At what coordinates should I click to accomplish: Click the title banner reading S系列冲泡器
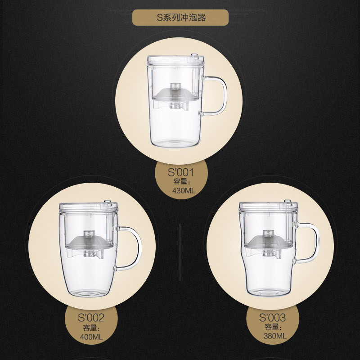click(x=180, y=18)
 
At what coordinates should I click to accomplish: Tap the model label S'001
click(x=181, y=172)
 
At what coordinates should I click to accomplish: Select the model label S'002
click(x=91, y=318)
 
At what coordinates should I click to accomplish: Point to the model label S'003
click(x=273, y=318)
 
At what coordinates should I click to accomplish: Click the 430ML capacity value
click(x=184, y=190)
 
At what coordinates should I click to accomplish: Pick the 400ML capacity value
click(x=91, y=337)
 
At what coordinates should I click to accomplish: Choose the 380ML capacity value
click(x=275, y=336)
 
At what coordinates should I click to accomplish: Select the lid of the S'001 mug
click(x=175, y=60)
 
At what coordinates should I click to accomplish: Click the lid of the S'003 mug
click(x=268, y=207)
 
